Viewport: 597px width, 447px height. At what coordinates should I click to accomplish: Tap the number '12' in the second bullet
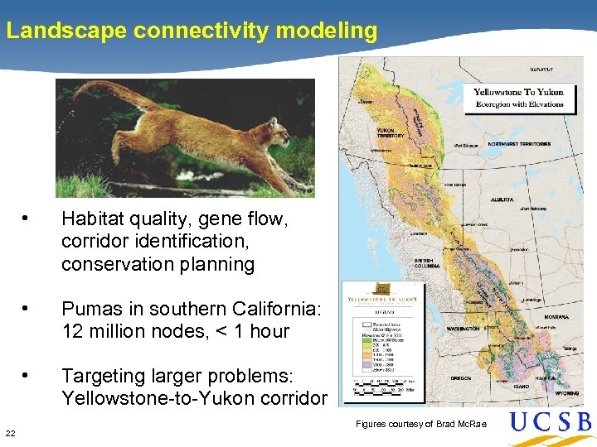[72, 331]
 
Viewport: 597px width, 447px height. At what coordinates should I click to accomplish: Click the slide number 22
[10, 433]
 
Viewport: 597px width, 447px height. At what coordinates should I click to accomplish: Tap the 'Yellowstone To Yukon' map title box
[519, 98]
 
